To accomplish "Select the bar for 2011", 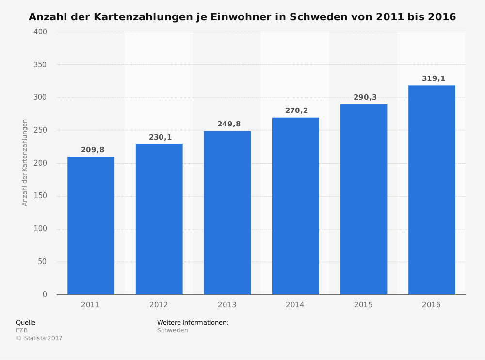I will coord(91,225).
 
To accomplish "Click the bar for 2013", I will coord(227,213).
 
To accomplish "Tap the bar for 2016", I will coord(432,190).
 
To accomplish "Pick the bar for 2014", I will coord(295,206).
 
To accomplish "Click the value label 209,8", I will coord(93,150).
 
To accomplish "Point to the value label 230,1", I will coord(160,137).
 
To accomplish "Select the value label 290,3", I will coord(365,97).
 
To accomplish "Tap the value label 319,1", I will coord(433,78).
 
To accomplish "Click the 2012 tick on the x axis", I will coord(159,305).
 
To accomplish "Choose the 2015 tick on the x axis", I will coord(363,305).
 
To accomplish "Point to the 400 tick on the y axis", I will coord(41,31).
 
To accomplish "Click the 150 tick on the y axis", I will coord(41,196).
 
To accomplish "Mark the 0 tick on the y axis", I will coord(45,295).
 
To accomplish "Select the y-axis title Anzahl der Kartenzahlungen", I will coord(25,162).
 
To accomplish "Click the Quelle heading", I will coord(26,322).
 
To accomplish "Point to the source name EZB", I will coord(22,330).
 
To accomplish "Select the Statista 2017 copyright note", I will coord(39,338).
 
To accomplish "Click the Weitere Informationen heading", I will coord(193,322).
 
